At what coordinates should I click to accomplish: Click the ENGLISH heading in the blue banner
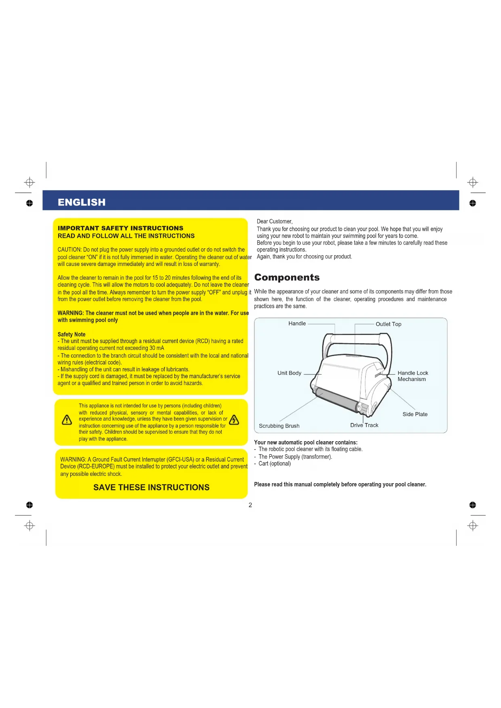tap(82, 202)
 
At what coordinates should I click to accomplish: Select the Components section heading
tap(287, 277)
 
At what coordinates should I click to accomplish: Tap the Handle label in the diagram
tap(297, 323)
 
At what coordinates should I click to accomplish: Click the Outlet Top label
tap(388, 324)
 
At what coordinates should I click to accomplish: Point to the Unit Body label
tap(289, 373)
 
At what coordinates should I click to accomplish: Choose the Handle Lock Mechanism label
tap(413, 376)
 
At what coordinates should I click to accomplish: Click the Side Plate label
tap(415, 414)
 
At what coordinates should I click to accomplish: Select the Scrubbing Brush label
tap(279, 426)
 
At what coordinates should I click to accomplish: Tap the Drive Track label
tap(364, 425)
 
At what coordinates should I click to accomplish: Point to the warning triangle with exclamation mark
tap(67, 420)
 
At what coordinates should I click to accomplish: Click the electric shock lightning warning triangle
tap(234, 420)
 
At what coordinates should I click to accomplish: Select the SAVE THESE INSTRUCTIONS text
tap(151, 487)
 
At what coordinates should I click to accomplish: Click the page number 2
tap(250, 505)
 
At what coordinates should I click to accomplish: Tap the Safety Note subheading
tap(71, 334)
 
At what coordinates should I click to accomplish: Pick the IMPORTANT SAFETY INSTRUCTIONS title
tap(120, 228)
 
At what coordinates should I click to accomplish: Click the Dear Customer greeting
tap(275, 221)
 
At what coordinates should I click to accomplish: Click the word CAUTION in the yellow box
tap(69, 249)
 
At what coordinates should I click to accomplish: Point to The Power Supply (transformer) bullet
tap(295, 457)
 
